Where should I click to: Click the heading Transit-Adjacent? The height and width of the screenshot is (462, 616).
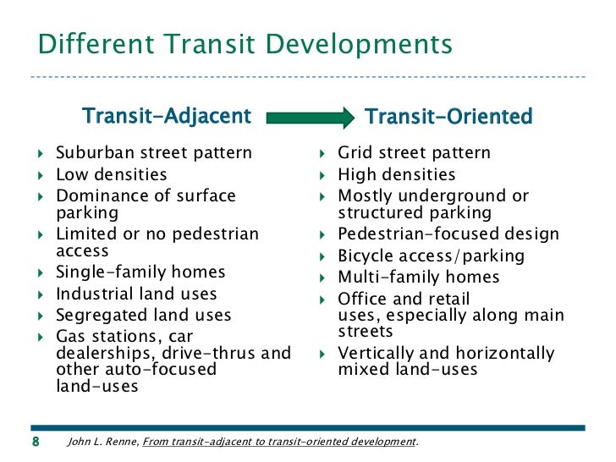tap(166, 115)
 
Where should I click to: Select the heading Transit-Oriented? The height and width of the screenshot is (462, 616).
tap(448, 115)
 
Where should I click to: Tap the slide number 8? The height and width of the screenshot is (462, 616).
tap(36, 441)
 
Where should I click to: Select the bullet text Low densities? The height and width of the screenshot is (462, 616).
tap(112, 175)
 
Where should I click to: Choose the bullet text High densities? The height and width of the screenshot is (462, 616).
tap(397, 175)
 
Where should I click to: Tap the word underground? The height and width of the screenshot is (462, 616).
tap(451, 196)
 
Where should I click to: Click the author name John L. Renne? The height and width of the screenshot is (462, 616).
tap(102, 441)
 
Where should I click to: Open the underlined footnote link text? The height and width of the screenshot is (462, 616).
tap(279, 441)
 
